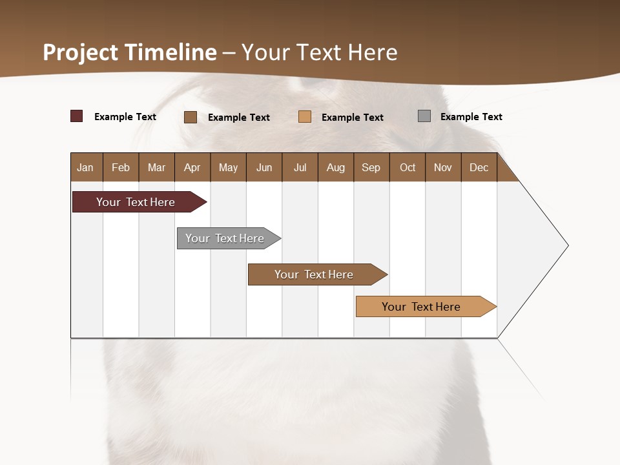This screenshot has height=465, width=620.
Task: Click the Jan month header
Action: coord(86,167)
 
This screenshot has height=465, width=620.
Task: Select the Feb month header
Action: coord(121,167)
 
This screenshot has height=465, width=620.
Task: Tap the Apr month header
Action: coord(192,167)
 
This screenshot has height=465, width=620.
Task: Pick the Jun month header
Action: coord(264,167)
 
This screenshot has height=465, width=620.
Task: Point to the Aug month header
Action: coord(336,167)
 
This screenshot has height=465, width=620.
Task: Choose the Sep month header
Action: coord(371,167)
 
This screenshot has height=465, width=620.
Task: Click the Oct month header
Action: coord(408,167)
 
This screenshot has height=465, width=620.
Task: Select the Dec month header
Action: coord(479,167)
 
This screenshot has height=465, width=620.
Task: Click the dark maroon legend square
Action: coord(77,116)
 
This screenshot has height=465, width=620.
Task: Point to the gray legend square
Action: coord(424,116)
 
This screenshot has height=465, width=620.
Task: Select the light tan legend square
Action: coord(305,117)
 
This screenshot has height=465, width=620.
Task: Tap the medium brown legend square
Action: coord(191,117)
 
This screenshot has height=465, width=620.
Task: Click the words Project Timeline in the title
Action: coord(130,52)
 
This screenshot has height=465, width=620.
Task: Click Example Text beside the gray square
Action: coord(471,117)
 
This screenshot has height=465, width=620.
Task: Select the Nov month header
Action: coord(443,167)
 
